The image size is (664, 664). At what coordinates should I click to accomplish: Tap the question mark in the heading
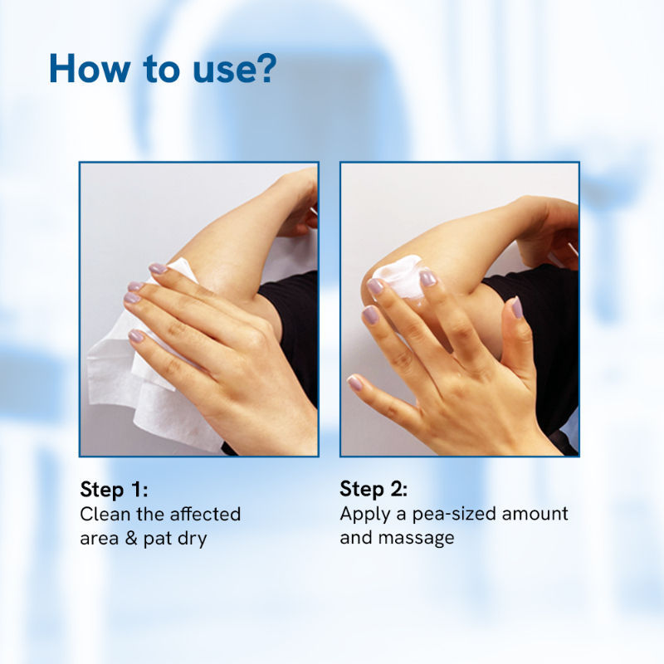click(x=265, y=69)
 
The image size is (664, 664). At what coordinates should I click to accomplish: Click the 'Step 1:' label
click(x=113, y=488)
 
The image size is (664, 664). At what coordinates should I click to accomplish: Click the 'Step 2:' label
click(x=373, y=488)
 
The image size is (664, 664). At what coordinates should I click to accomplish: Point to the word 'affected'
click(x=204, y=514)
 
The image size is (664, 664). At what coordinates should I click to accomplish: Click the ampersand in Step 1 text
click(x=129, y=538)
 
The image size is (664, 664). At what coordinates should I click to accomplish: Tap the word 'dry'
click(x=190, y=538)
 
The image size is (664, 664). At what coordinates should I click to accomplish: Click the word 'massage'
click(x=417, y=538)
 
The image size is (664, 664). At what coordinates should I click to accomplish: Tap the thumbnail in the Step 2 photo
click(x=516, y=309)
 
